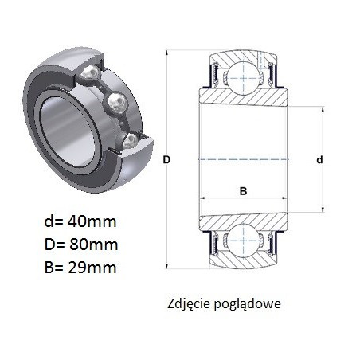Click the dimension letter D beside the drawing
click(166, 160)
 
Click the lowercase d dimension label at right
click(320, 160)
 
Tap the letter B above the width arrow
click(243, 191)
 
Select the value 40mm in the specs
click(92, 221)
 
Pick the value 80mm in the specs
click(94, 245)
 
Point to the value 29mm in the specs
click(92, 268)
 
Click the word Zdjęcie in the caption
click(189, 304)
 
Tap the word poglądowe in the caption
click(248, 304)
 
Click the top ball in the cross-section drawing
click(244, 78)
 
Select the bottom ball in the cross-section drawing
click(244, 241)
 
